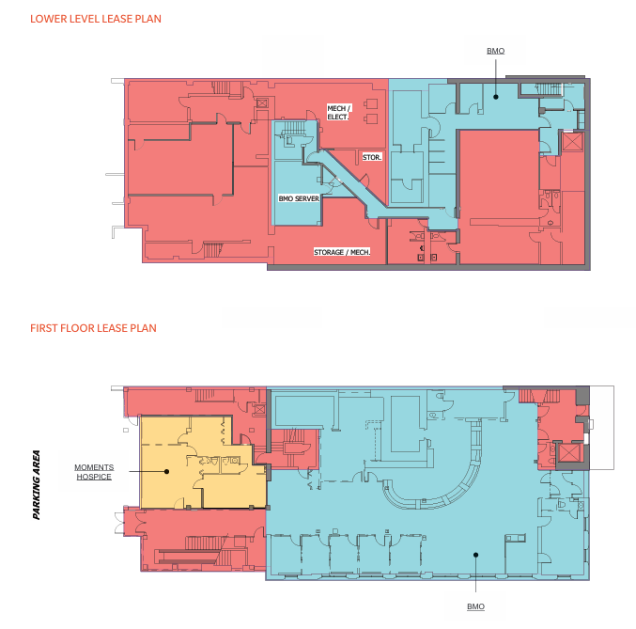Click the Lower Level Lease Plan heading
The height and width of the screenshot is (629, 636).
[96, 19]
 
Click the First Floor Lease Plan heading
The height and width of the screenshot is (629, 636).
[93, 328]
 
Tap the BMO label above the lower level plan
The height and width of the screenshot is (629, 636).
[496, 51]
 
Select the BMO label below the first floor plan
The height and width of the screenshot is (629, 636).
[475, 606]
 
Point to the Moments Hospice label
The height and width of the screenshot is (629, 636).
[94, 472]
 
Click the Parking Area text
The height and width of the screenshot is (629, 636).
[37, 484]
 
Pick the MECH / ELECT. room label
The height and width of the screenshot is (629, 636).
[339, 113]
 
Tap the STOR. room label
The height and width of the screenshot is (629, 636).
[372, 157]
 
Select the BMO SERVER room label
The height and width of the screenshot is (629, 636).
[299, 198]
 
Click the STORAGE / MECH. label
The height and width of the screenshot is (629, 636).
[342, 252]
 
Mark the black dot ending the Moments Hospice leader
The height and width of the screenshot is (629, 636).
[166, 471]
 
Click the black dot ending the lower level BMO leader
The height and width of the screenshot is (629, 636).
[496, 97]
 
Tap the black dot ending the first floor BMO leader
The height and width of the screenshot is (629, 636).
[475, 555]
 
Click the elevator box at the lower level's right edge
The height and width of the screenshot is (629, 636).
[573, 142]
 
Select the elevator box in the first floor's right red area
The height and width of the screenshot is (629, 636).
[569, 453]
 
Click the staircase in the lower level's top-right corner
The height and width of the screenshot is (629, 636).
[548, 89]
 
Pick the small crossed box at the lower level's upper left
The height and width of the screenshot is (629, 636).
[262, 103]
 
